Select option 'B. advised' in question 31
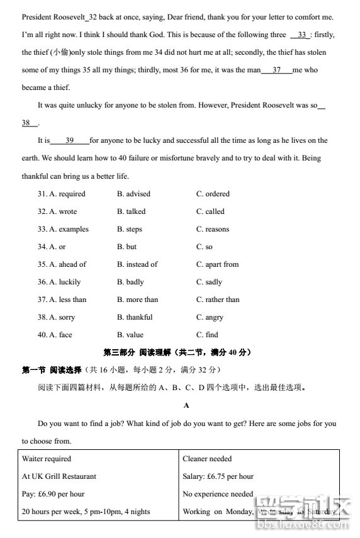pos(133,194)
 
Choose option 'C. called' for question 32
pos(210,211)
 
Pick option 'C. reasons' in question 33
pos(213,229)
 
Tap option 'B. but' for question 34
pos(127,247)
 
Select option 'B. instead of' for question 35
pos(137,264)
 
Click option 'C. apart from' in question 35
pos(217,264)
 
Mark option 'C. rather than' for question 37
pos(218,300)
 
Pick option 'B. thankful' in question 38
pos(135,317)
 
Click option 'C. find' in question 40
pos(207,335)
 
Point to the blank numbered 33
pos(301,35)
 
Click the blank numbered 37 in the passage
pos(277,70)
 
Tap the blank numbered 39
pos(69,140)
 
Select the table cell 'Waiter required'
pos(47,459)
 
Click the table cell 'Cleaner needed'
pos(207,459)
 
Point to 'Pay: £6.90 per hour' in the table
pos(53,494)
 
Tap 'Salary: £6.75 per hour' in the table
pos(218,476)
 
